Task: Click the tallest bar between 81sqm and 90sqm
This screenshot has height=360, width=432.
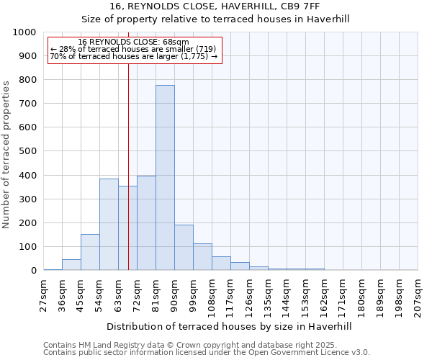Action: (165, 178)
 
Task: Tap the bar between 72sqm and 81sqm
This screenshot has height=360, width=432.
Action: (146, 223)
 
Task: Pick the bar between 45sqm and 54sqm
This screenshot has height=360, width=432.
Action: (90, 252)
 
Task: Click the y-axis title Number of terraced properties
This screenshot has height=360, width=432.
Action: (7, 154)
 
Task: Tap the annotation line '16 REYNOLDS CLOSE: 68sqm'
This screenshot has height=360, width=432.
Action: (133, 42)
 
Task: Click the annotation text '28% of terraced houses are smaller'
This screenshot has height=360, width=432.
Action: (133, 49)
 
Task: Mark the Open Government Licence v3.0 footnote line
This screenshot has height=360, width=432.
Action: (207, 353)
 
